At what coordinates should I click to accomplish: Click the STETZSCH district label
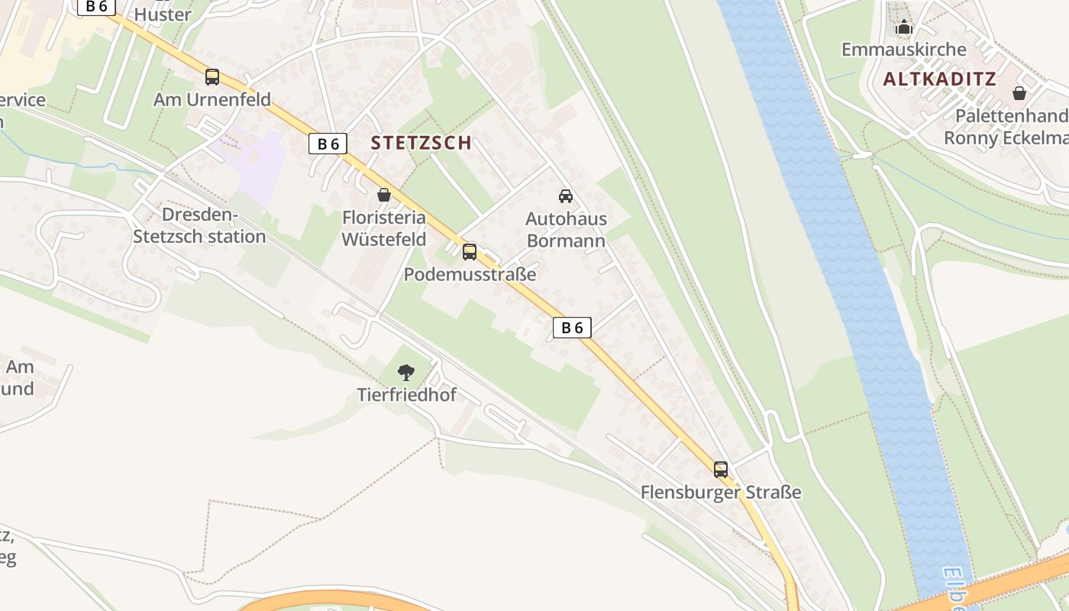point(421,142)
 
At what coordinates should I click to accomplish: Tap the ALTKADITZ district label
point(939,79)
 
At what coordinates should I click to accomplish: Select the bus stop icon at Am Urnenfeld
point(212,77)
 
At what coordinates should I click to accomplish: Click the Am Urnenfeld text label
point(212,99)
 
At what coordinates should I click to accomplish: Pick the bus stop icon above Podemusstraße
point(470,251)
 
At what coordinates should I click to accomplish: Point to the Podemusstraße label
point(470,274)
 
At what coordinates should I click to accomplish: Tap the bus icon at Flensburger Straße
point(721,469)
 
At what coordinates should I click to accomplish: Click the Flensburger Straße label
point(721,492)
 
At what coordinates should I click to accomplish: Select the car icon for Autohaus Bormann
point(566,196)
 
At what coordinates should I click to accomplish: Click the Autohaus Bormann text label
point(566,230)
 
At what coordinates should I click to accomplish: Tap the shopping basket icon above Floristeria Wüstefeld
point(384,196)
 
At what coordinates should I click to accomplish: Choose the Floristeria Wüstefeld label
point(383,228)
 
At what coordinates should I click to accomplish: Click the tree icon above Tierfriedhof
point(406,373)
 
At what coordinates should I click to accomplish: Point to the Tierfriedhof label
point(406,395)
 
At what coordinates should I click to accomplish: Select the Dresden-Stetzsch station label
point(199,225)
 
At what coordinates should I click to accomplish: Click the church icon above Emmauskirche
point(904,27)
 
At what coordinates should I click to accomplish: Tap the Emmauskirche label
point(903,50)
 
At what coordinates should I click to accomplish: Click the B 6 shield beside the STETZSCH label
point(328,144)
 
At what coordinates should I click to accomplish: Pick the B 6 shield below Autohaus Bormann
point(572,328)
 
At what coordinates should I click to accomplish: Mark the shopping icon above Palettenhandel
point(1019,93)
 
